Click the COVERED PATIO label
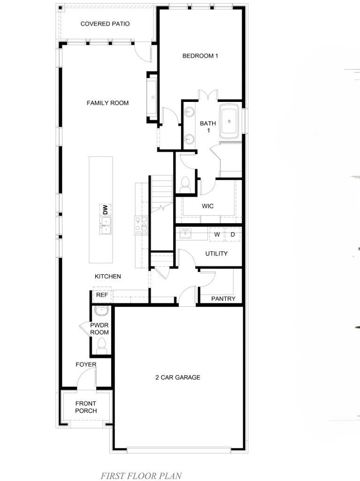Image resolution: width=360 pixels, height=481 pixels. click(x=105, y=23)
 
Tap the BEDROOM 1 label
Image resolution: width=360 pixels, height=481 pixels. click(x=200, y=56)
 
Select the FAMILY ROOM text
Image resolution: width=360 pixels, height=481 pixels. click(x=107, y=103)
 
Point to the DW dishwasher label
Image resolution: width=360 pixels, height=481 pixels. click(x=106, y=209)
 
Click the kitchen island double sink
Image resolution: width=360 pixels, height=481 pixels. click(x=105, y=225)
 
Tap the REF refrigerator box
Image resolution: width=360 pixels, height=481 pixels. click(x=102, y=295)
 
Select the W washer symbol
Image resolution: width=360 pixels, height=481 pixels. click(x=217, y=235)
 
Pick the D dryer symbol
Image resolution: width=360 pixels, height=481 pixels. click(x=233, y=235)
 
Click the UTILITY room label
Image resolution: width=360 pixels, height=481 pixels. click(x=216, y=253)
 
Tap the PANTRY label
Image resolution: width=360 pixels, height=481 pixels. click(x=223, y=298)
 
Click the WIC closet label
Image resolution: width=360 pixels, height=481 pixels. click(x=207, y=206)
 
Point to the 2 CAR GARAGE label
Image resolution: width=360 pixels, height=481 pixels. click(x=178, y=377)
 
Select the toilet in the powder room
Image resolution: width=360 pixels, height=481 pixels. click(x=101, y=346)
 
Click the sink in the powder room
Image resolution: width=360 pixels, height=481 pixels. click(x=101, y=311)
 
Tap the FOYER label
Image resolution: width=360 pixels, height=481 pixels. click(x=86, y=365)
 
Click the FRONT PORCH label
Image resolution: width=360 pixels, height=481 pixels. click(x=86, y=407)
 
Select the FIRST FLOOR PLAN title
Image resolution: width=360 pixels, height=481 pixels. click(x=141, y=476)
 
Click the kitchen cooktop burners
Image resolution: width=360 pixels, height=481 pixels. click(x=141, y=224)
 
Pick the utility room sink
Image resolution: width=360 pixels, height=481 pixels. click(x=185, y=233)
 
